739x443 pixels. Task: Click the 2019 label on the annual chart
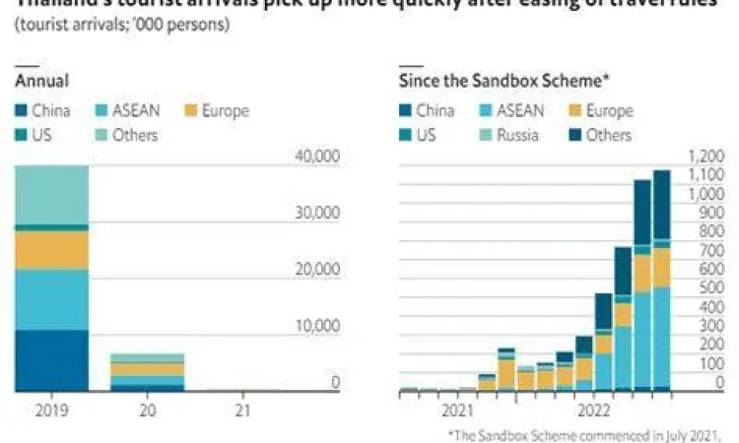[50, 406]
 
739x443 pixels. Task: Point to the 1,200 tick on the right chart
[705, 156]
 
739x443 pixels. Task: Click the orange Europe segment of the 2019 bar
[50, 250]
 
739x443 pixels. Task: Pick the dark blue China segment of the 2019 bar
[50, 360]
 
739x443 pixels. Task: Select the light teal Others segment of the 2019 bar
[50, 195]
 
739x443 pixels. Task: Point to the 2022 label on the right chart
[594, 408]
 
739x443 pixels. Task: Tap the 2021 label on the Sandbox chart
[458, 408]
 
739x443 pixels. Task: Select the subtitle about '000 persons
[122, 24]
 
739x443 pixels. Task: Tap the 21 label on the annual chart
[240, 406]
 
